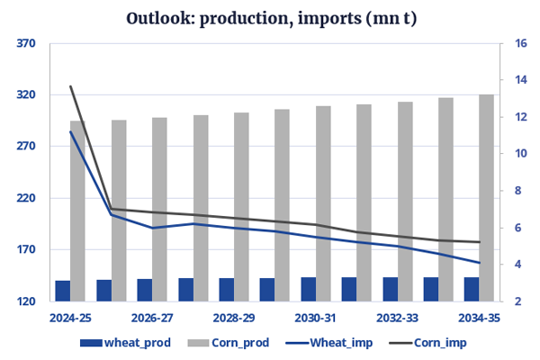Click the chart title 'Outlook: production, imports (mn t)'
click(x=270, y=19)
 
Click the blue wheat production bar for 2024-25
click(x=63, y=291)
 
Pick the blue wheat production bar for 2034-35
click(x=472, y=289)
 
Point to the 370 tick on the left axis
click(x=25, y=43)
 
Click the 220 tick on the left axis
click(x=25, y=198)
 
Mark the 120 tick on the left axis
click(x=25, y=301)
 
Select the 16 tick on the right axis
click(x=520, y=43)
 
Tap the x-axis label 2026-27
click(x=152, y=318)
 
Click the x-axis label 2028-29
click(x=234, y=318)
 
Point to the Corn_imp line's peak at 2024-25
click(x=71, y=86)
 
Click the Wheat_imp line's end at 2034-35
click(x=479, y=263)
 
